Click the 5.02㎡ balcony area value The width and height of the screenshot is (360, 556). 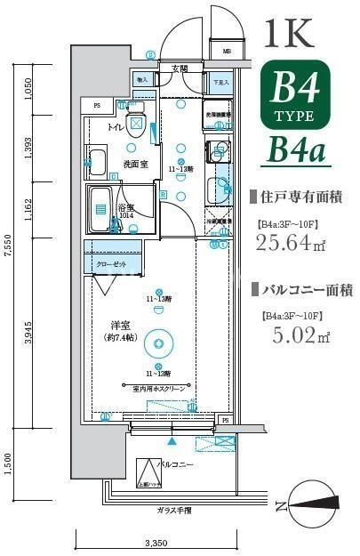click(x=292, y=335)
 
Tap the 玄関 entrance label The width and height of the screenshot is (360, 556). click(x=180, y=68)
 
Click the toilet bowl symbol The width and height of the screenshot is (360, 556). click(x=136, y=124)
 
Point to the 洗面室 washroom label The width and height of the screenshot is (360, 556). click(x=134, y=165)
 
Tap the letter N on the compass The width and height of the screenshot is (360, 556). click(x=280, y=507)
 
